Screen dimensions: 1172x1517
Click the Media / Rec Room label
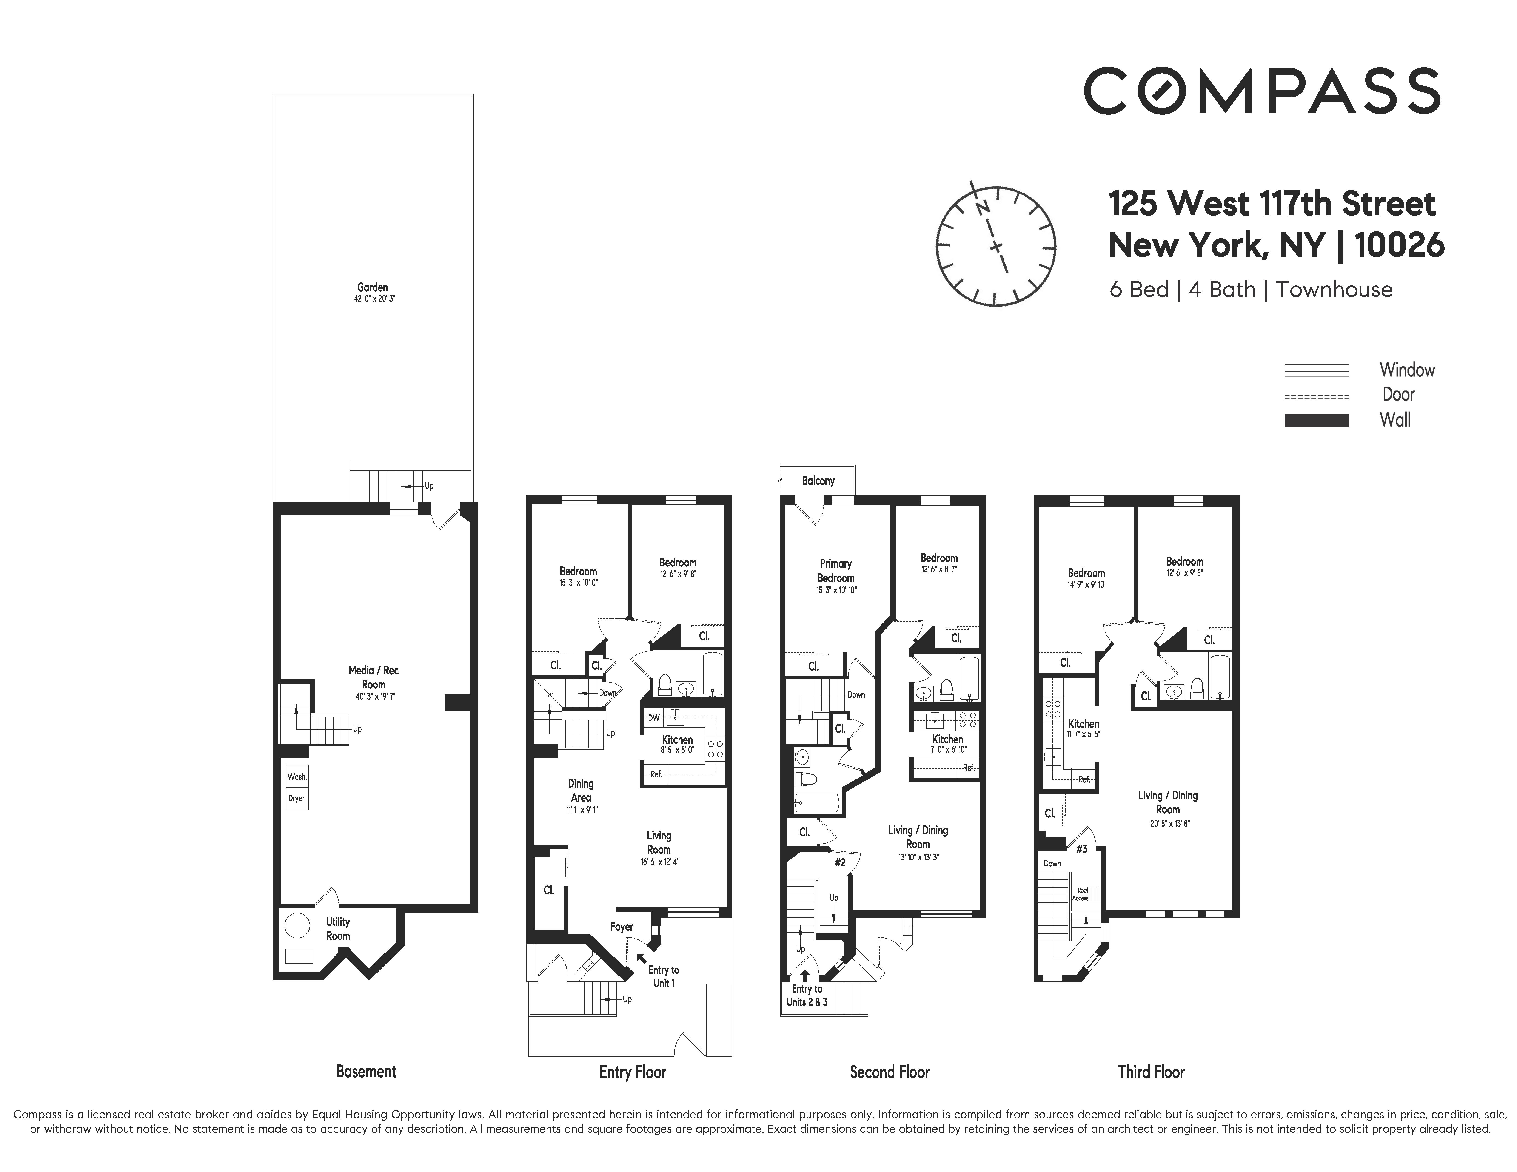[374, 677]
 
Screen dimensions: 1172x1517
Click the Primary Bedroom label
[835, 571]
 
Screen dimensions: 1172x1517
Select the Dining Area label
[581, 790]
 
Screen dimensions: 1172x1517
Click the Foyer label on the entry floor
[622, 926]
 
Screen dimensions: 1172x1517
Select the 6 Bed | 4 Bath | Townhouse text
[1250, 290]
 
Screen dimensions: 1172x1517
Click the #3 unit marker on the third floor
[1081, 848]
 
